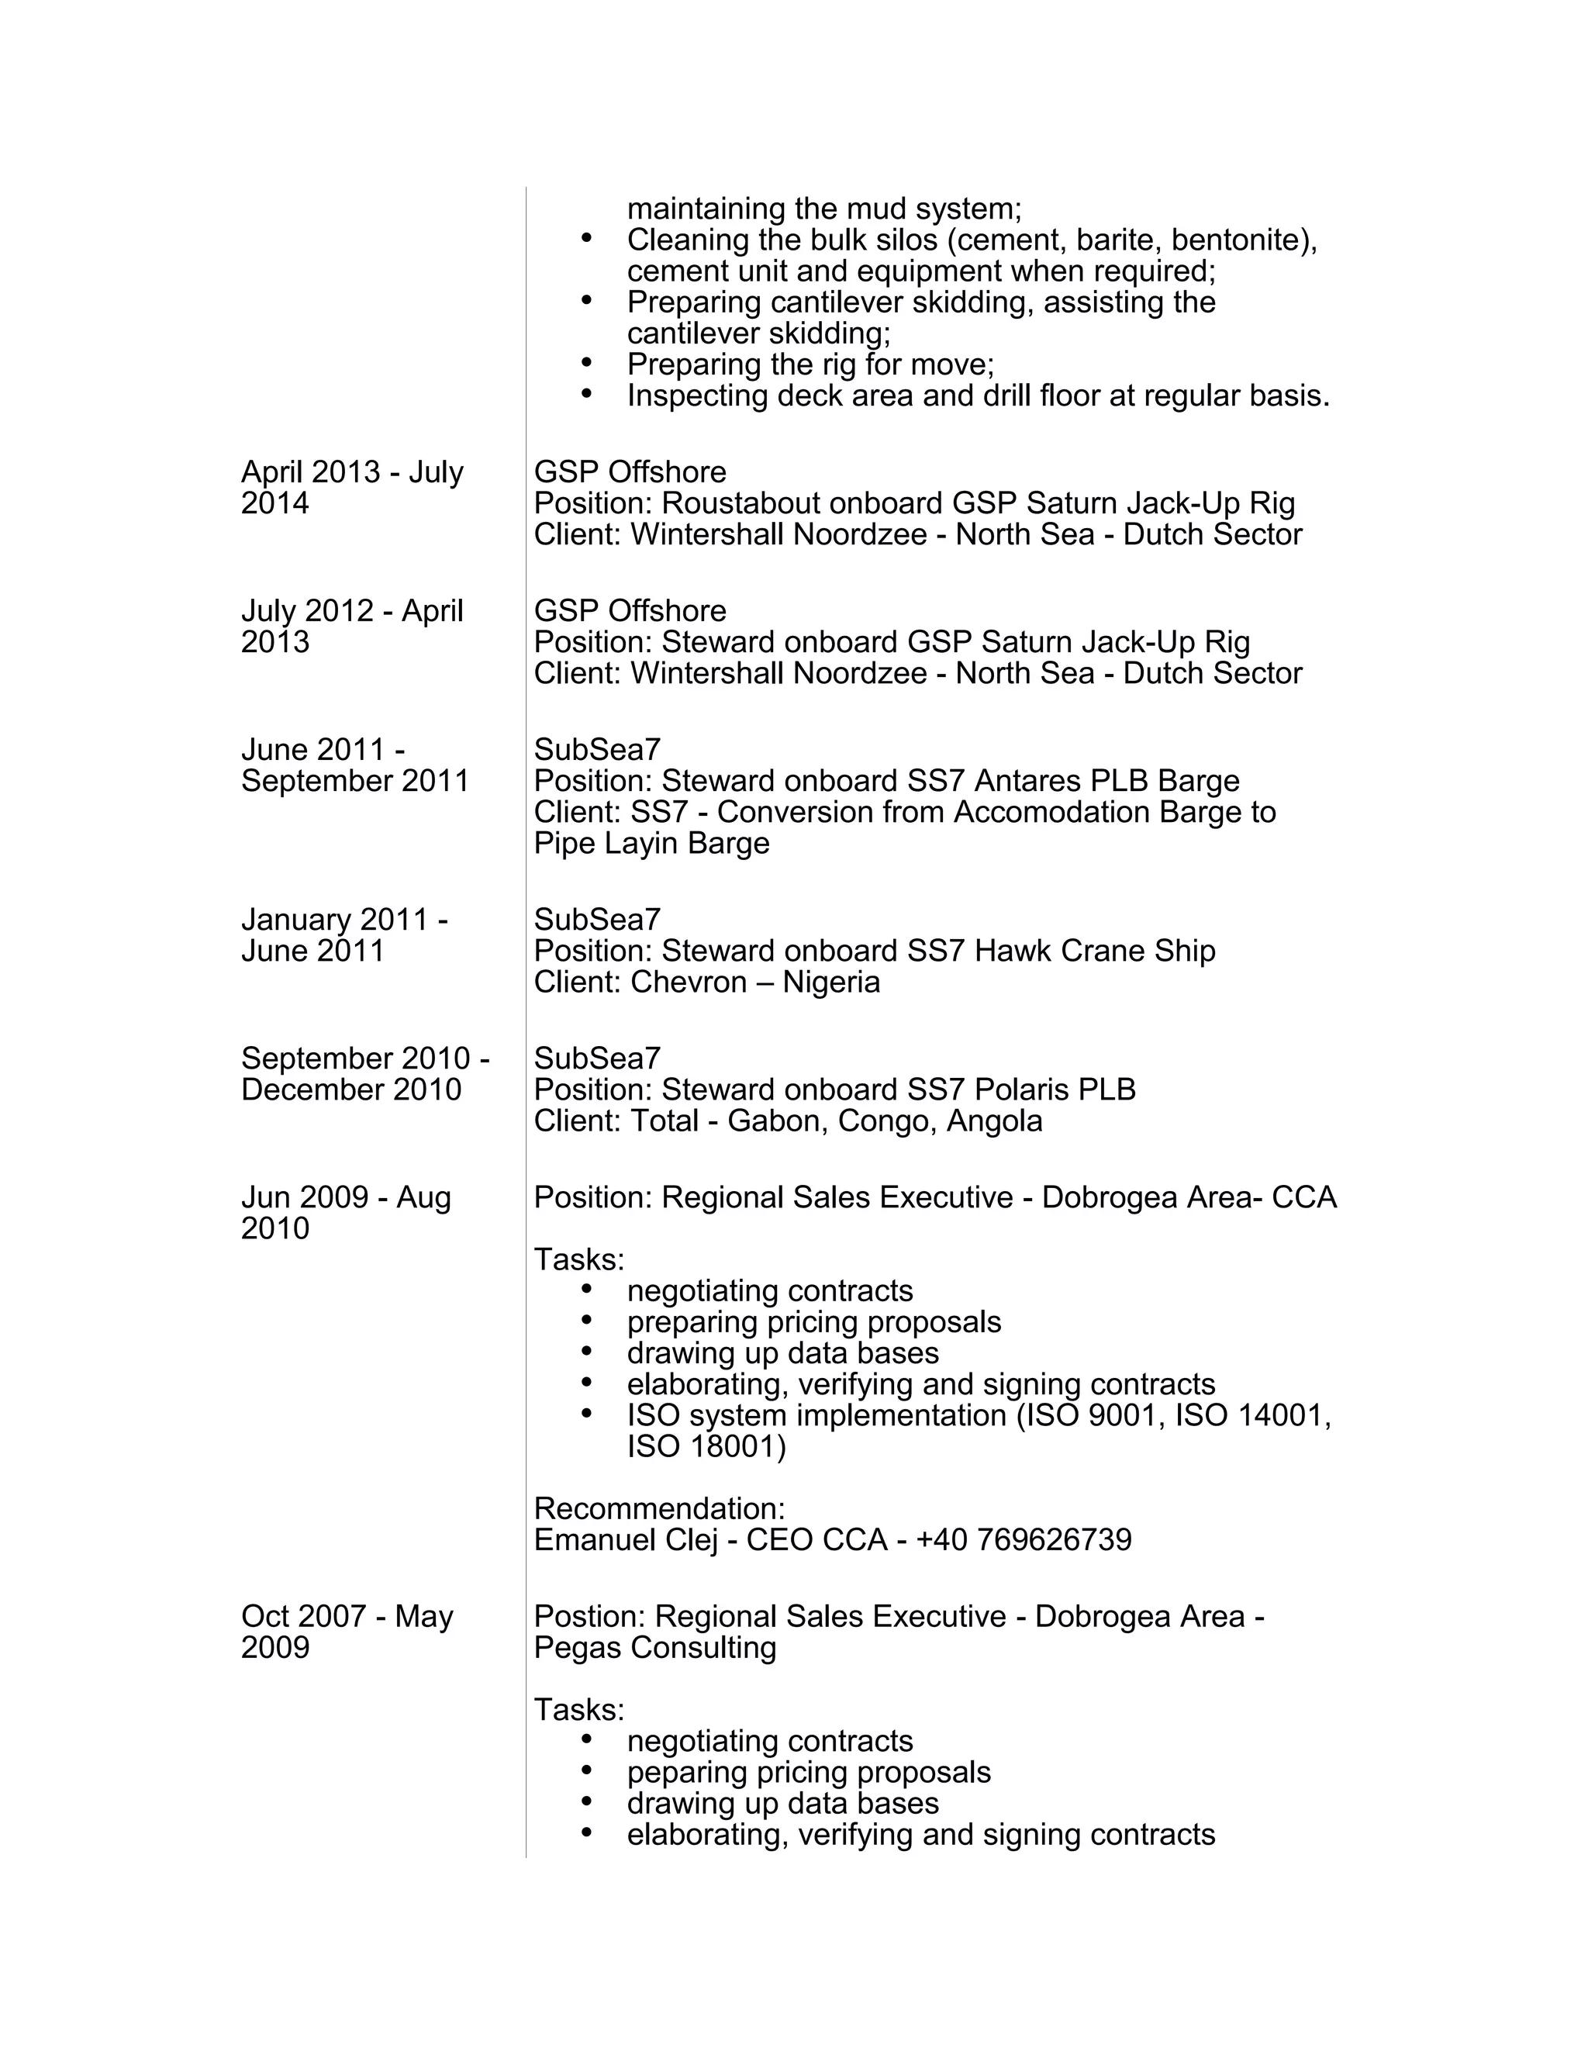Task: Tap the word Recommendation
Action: click(x=658, y=1509)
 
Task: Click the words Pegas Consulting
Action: click(x=654, y=1648)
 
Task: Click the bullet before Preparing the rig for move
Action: click(x=587, y=362)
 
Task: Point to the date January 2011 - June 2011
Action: click(x=343, y=935)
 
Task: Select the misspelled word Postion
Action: click(x=589, y=1617)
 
